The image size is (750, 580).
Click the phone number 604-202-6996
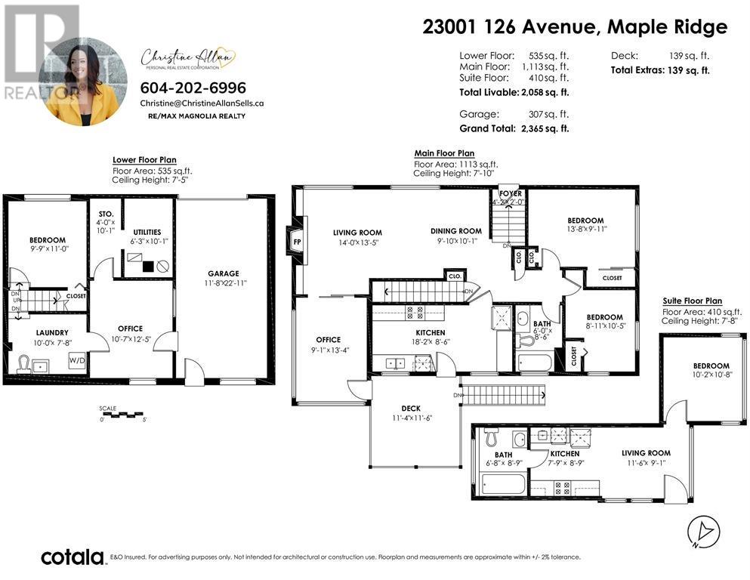pos(193,88)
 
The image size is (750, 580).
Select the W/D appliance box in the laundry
pos(77,360)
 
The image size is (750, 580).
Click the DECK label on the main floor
pos(411,409)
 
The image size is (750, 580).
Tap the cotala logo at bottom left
pos(73,557)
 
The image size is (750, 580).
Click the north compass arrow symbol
pos(700,533)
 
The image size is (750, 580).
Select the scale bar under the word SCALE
pos(122,415)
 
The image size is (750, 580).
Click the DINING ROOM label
pos(455,231)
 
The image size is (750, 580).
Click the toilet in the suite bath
pos(492,438)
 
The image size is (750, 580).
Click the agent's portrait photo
pos(83,82)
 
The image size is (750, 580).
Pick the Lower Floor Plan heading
pos(144,160)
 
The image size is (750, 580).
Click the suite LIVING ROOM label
pos(646,453)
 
